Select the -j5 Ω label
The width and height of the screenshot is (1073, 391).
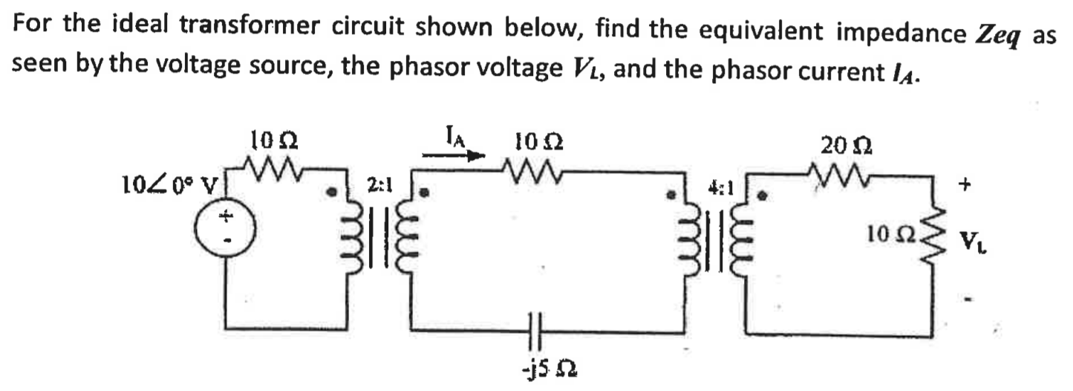point(547,369)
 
